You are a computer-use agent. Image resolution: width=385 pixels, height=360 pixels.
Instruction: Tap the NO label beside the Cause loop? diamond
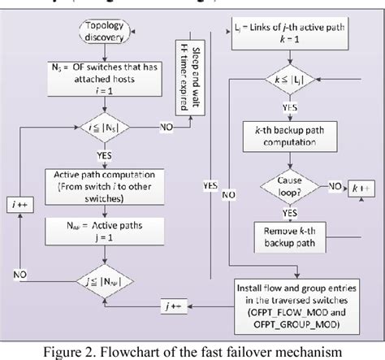333,187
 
